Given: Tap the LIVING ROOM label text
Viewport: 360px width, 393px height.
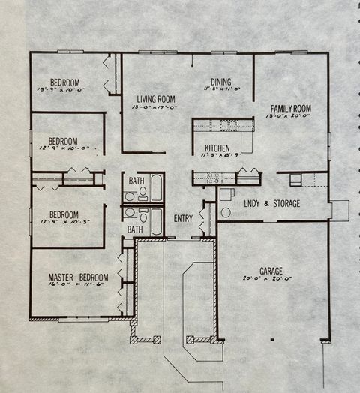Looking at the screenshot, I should pos(155,99).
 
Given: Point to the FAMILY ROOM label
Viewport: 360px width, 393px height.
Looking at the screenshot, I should pos(290,109).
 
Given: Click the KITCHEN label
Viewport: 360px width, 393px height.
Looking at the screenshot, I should pos(217,148).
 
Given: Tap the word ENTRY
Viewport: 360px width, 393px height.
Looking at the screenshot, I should pos(183,219).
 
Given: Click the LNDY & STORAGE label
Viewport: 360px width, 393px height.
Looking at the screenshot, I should pos(271,203).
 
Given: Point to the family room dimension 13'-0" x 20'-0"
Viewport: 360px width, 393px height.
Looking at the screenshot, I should pos(290,117).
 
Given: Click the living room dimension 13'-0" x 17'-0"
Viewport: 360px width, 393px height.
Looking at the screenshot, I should pos(155,107).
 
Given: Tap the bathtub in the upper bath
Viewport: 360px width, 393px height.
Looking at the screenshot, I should pos(156,187).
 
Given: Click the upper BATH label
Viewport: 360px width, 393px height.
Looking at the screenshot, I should pos(136,181).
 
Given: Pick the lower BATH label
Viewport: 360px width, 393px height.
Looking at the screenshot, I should pos(135,229).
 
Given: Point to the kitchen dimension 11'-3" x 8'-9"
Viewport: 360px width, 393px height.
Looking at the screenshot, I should pos(217,156).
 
